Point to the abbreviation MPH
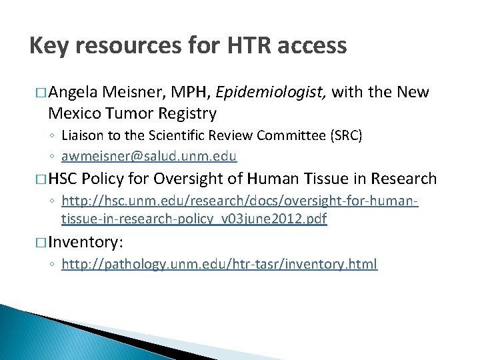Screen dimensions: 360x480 (x=193, y=92)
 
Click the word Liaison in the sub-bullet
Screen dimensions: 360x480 (x=82, y=136)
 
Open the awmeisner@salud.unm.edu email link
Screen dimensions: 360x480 (x=149, y=156)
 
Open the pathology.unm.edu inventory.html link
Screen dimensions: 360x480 (x=219, y=264)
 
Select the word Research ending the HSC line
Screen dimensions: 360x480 (x=403, y=179)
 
